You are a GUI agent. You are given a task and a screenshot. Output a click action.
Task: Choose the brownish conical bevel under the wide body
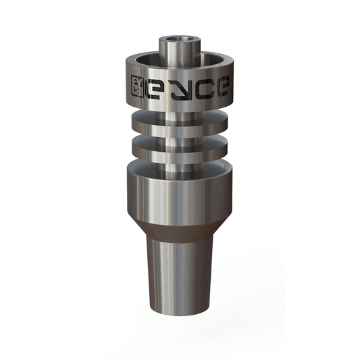[180, 226]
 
